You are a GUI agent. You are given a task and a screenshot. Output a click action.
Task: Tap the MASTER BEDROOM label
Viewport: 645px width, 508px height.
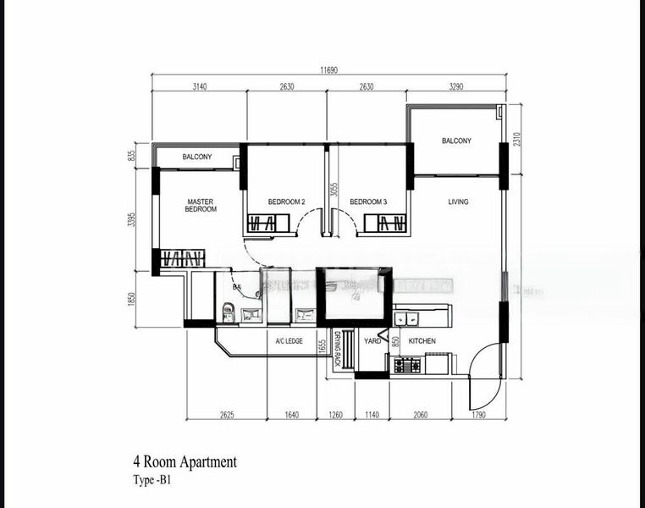click(x=201, y=205)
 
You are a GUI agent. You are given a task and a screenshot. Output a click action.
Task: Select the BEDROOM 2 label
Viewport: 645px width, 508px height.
click(x=286, y=202)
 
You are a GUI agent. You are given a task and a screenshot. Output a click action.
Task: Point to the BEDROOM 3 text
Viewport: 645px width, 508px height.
click(x=368, y=202)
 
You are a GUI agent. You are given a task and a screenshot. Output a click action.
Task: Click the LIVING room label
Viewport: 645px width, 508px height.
click(x=458, y=202)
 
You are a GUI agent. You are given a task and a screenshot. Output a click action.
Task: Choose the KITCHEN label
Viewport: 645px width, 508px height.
click(x=422, y=340)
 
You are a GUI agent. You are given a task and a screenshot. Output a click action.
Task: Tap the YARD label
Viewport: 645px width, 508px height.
click(x=372, y=340)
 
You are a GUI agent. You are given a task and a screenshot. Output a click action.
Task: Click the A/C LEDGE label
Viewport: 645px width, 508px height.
click(x=289, y=340)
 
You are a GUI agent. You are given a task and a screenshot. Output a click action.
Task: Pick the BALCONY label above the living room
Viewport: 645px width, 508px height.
click(x=456, y=141)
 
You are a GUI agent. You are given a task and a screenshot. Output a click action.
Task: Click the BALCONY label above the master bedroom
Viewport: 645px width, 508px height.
click(x=197, y=157)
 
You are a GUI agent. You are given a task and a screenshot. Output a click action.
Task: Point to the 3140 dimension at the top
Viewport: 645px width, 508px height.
click(x=199, y=86)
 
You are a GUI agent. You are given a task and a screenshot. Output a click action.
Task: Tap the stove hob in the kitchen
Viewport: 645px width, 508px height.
click(x=407, y=365)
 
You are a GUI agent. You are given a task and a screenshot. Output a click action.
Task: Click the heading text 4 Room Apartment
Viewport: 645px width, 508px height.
click(x=185, y=462)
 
